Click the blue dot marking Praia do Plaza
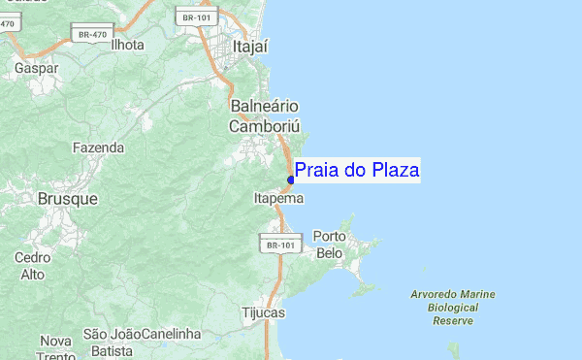[x=291, y=180]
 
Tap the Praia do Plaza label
[x=357, y=171]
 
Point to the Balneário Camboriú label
[x=264, y=115]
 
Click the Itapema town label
[x=278, y=198]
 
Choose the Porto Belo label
[x=330, y=245]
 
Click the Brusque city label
[x=67, y=198]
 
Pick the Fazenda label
[x=98, y=148]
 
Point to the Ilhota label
[x=127, y=45]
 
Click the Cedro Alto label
[x=32, y=266]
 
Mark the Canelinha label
[x=171, y=334]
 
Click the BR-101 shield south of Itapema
[x=279, y=245]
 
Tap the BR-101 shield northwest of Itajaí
[x=196, y=16]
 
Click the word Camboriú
[x=265, y=126]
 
